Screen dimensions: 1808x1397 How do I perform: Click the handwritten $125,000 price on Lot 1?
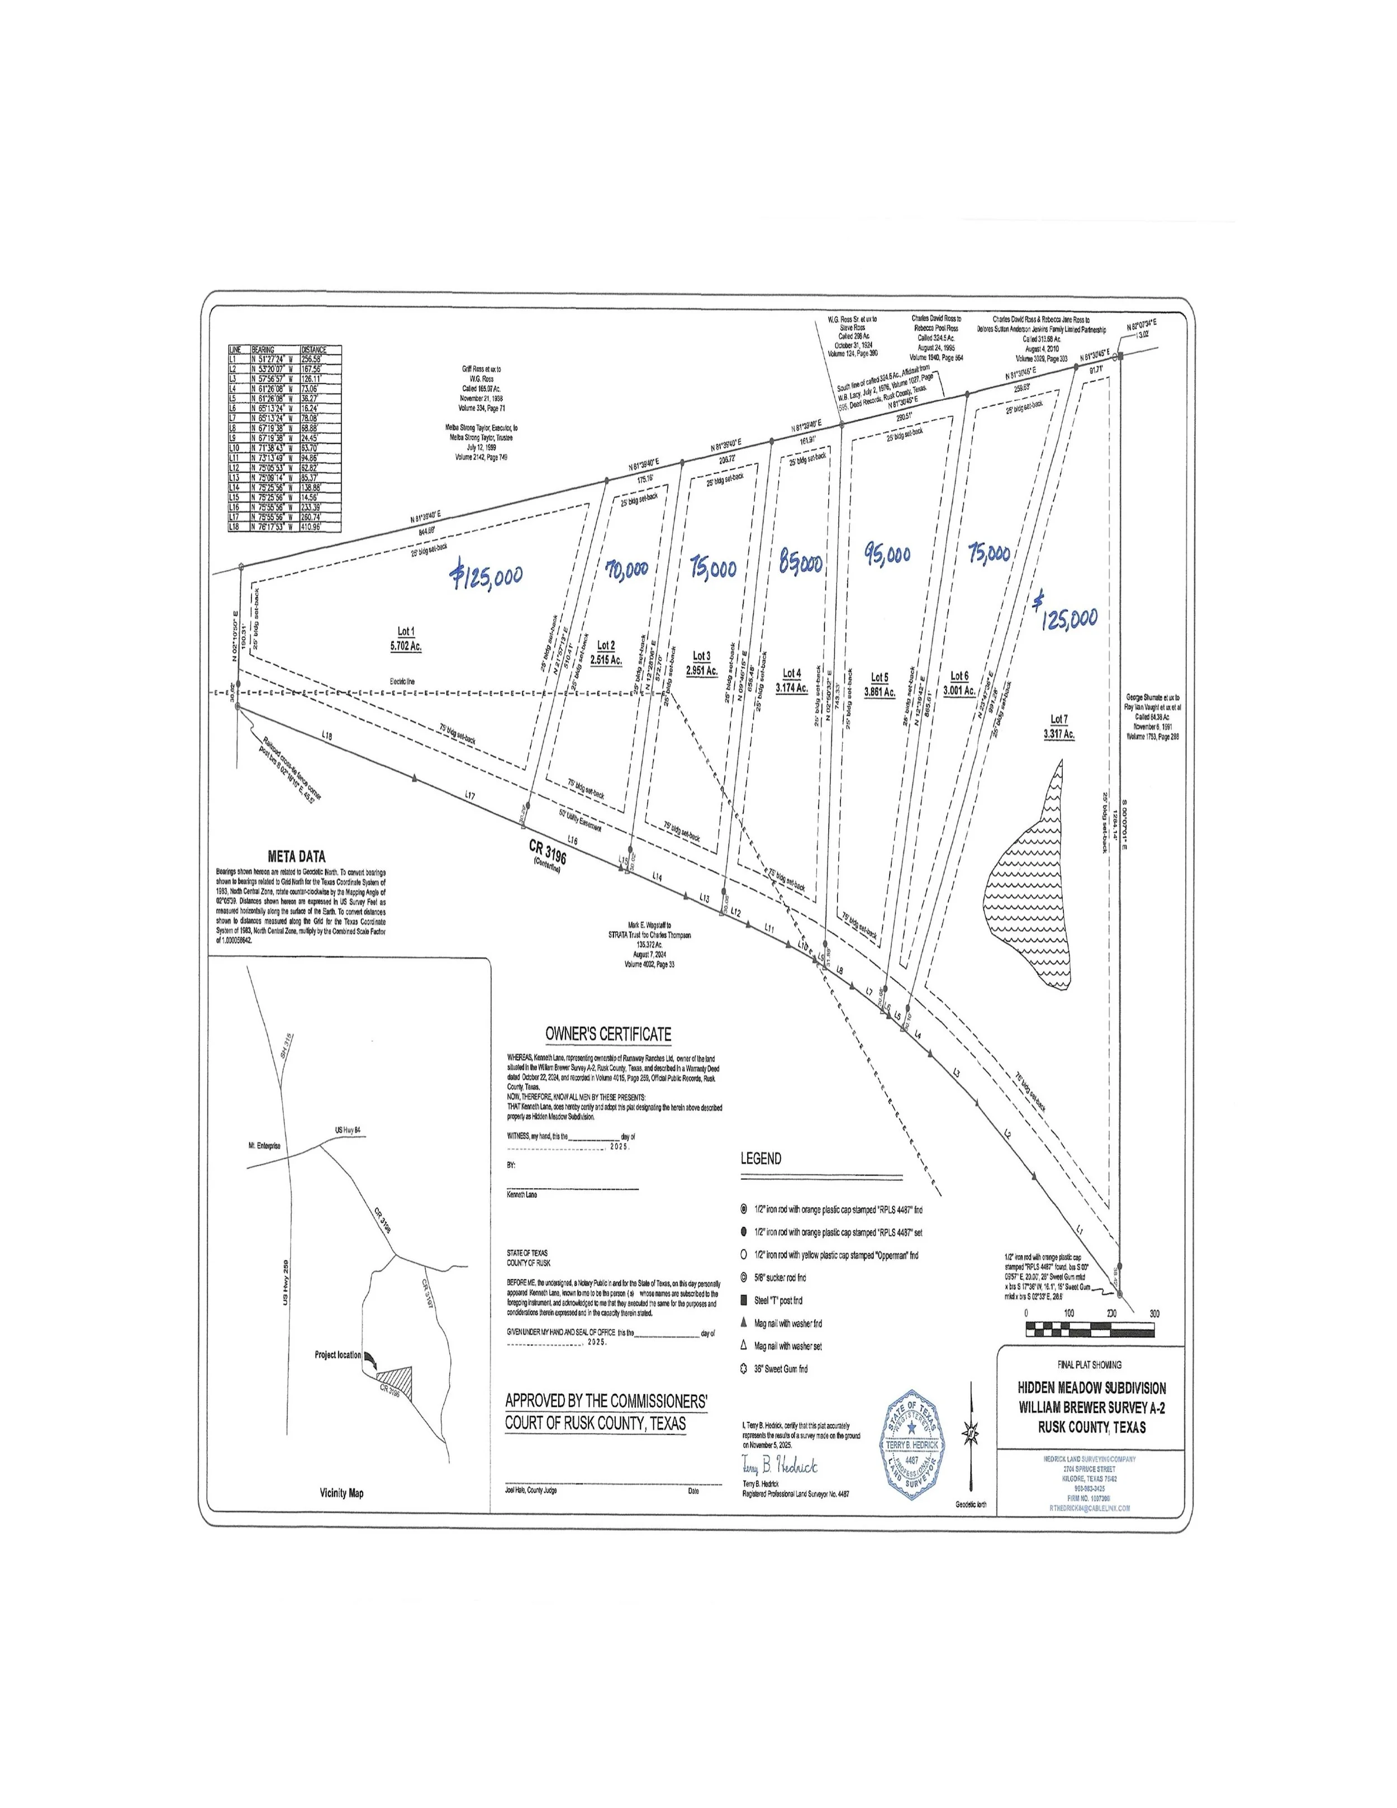(487, 573)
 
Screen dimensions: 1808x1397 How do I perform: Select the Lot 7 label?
(1058, 719)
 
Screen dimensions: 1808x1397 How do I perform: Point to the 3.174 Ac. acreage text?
(791, 687)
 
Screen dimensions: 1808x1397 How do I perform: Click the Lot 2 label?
(606, 645)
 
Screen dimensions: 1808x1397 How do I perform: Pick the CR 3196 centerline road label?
(547, 853)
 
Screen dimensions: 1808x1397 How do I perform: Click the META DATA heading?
(296, 857)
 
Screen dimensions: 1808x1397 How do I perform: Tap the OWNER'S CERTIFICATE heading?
(607, 1034)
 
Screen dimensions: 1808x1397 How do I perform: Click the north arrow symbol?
(971, 1433)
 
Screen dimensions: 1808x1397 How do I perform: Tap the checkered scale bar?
(1090, 1330)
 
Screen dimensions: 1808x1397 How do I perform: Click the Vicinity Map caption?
(341, 1493)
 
